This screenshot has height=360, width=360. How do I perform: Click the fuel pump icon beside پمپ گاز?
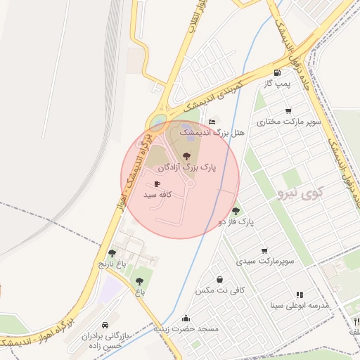(278, 72)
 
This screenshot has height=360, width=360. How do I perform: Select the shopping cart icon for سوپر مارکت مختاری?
(288, 111)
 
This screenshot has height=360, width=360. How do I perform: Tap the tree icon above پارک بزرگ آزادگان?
(186, 156)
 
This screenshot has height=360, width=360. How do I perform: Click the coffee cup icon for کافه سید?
(156, 184)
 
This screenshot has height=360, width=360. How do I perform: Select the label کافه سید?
(159, 194)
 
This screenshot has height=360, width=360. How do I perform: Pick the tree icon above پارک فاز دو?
(236, 210)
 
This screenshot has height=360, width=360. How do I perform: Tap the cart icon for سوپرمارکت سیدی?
(264, 250)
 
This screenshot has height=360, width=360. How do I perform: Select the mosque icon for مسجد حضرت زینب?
(186, 318)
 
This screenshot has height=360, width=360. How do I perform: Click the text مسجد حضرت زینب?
(187, 329)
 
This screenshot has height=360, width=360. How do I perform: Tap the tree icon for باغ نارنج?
(112, 253)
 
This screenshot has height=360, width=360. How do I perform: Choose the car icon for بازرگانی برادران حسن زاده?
(105, 326)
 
